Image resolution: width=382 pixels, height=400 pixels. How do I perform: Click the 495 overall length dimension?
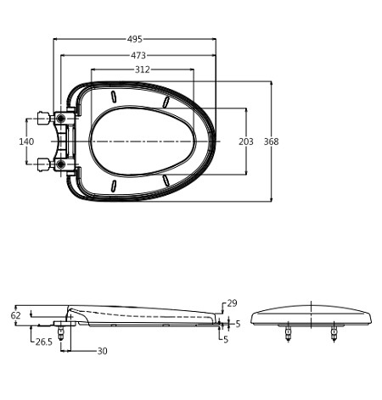[135, 39]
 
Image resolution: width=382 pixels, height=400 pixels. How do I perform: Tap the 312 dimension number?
[143, 69]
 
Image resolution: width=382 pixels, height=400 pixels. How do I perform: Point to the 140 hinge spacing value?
[25, 141]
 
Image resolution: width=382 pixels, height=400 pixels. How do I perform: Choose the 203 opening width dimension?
[245, 141]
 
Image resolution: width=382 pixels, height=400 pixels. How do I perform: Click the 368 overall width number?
[270, 141]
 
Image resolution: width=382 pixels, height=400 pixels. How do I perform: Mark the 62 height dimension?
[15, 315]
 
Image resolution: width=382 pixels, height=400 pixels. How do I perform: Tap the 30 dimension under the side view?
[102, 351]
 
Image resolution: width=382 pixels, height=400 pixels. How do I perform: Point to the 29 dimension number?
[232, 303]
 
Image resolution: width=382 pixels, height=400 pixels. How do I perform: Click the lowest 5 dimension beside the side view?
[226, 340]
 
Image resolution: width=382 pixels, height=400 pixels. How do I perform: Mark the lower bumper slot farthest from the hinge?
[166, 181]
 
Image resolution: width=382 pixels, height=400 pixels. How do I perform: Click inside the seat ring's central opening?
[144, 141]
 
